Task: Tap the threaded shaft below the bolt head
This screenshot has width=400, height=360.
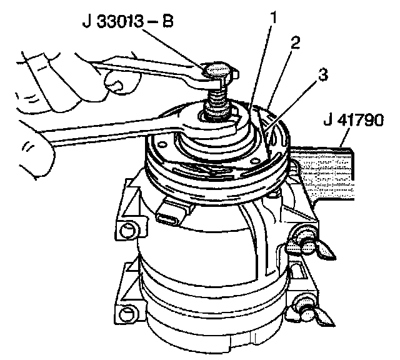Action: click(218, 99)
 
